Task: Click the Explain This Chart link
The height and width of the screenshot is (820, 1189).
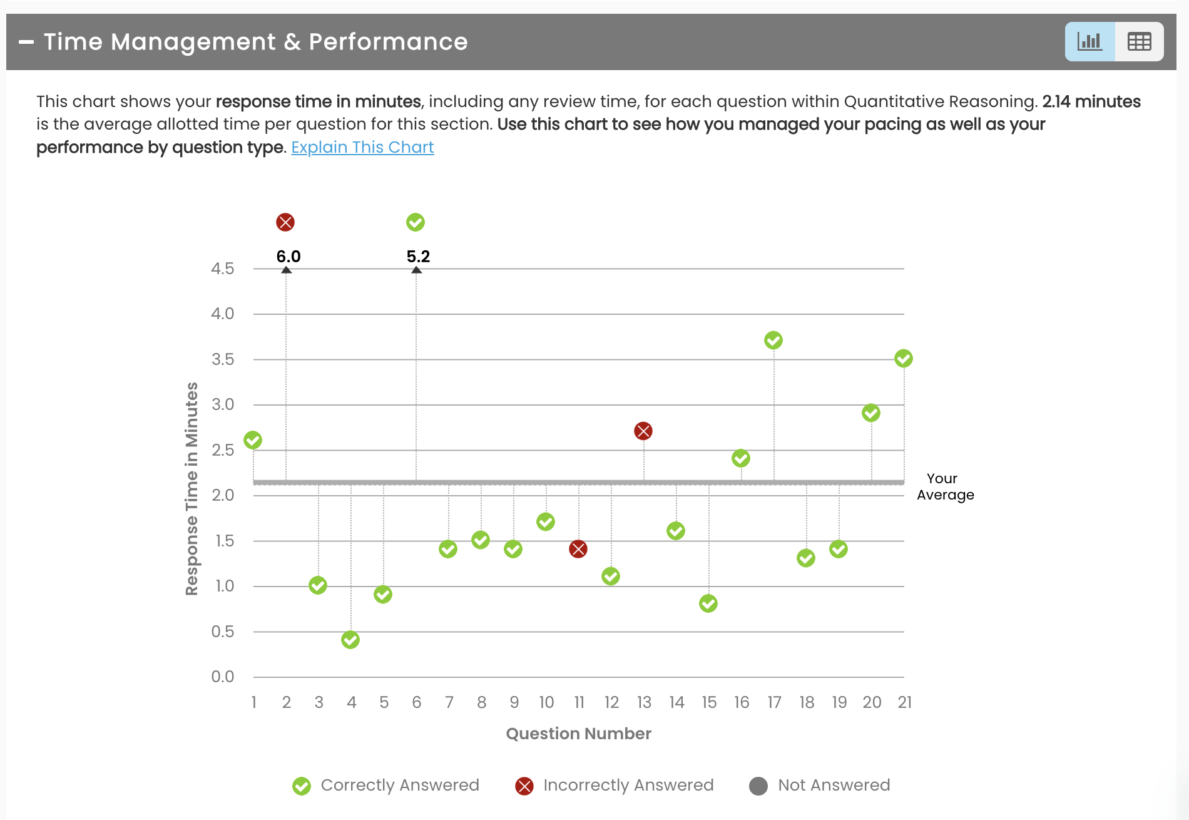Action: coord(362,147)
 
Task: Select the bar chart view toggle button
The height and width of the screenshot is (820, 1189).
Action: coord(1089,42)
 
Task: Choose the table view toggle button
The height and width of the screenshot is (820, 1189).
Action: coord(1139,42)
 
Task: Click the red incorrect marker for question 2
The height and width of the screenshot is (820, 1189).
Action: coord(285,222)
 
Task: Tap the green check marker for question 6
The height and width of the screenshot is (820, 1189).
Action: coord(416,222)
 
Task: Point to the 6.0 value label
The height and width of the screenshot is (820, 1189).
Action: coord(288,257)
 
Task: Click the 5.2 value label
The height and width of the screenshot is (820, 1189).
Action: coord(418,257)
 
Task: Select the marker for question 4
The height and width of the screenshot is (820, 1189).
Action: coord(350,640)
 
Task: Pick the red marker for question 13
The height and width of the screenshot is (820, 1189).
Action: coord(643,431)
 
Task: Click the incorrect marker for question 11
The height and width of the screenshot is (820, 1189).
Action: coord(578,549)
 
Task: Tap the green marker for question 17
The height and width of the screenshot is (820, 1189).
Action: coord(773,340)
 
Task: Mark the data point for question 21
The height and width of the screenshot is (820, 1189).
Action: coord(904,358)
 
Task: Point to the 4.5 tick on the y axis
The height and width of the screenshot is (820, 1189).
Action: coord(223,269)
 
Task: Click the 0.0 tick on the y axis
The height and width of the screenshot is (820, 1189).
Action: coord(223,677)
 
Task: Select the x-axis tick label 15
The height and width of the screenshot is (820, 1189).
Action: coord(709,702)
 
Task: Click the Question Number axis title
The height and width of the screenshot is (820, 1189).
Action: coord(578,734)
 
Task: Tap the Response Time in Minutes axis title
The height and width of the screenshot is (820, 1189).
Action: coord(191,488)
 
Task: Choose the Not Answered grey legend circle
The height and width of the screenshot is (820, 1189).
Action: coord(758,786)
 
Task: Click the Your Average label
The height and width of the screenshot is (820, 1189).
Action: coord(945,486)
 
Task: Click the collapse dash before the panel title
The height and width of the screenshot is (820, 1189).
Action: coord(26,42)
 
